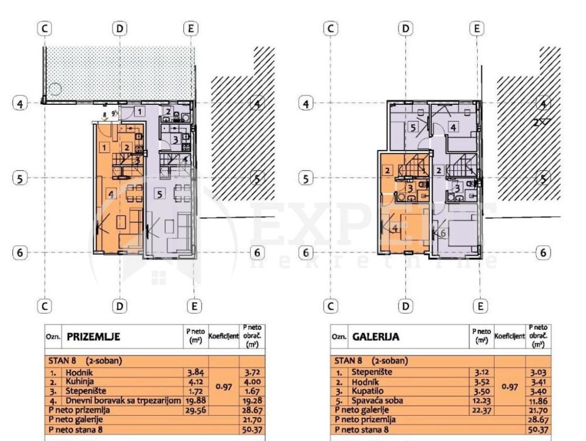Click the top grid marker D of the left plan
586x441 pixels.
pyautogui.click(x=120, y=28)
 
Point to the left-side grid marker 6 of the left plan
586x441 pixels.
pyautogui.click(x=21, y=252)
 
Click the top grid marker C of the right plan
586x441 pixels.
pyautogui.click(x=332, y=28)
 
